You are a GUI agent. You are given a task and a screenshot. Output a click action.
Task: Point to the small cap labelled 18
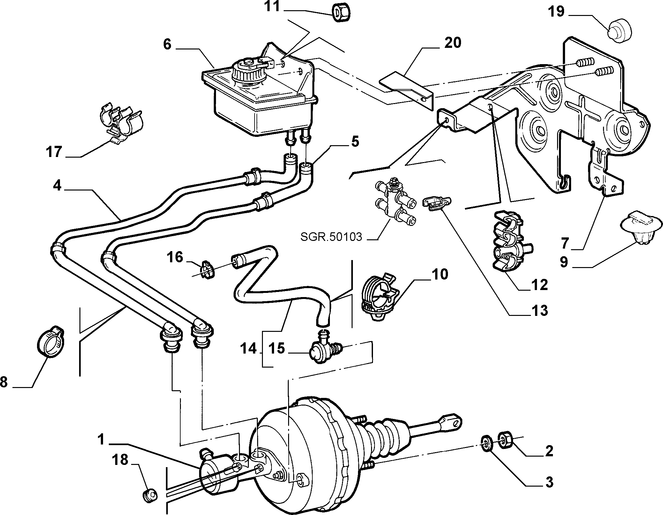point(149,495)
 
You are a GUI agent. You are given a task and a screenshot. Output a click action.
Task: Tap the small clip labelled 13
point(437,203)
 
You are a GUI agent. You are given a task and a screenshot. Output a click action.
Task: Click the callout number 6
point(167,44)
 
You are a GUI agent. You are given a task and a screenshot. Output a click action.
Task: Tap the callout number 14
point(249,349)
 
